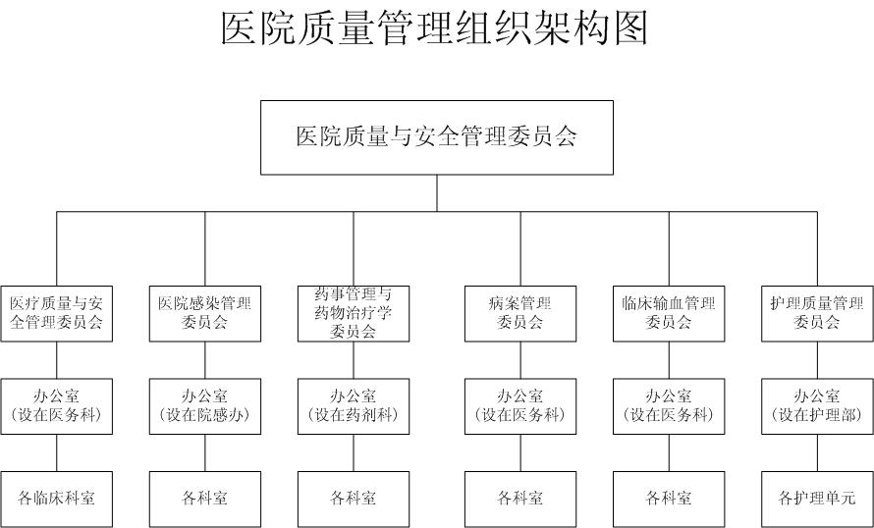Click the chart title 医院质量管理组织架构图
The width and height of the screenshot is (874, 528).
pyautogui.click(x=434, y=27)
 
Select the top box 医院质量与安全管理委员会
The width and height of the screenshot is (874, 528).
pyautogui.click(x=437, y=137)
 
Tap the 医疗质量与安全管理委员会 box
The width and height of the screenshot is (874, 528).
pyautogui.click(x=56, y=314)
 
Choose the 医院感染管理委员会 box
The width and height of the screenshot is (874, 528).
pyautogui.click(x=204, y=314)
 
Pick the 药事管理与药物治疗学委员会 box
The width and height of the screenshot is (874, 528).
pyautogui.click(x=354, y=314)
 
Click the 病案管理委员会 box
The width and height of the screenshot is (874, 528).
pyautogui.click(x=520, y=314)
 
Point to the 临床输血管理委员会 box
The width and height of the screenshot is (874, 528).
pyautogui.click(x=669, y=314)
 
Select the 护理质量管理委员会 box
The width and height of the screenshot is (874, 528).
pyautogui.click(x=817, y=314)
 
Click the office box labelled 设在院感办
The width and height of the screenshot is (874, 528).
pyautogui.click(x=204, y=406)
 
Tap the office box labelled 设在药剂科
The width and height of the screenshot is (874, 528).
pyautogui.click(x=354, y=406)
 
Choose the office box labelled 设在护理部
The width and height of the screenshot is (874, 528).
pyautogui.click(x=817, y=406)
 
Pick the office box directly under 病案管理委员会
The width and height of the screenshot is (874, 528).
pyautogui.click(x=520, y=406)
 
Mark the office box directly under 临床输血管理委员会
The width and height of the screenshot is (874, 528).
pyautogui.click(x=669, y=406)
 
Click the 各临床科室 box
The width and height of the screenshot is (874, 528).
pyautogui.click(x=56, y=499)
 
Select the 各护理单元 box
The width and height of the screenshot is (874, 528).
pyautogui.click(x=817, y=499)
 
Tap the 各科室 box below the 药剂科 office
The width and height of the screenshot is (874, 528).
pyautogui.click(x=354, y=499)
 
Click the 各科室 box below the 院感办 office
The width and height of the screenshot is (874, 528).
pyautogui.click(x=204, y=499)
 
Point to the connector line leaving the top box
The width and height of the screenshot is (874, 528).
pyautogui.click(x=437, y=193)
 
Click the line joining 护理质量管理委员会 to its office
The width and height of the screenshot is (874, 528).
pyautogui.click(x=818, y=360)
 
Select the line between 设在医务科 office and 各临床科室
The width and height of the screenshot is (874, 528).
pyautogui.click(x=56, y=452)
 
